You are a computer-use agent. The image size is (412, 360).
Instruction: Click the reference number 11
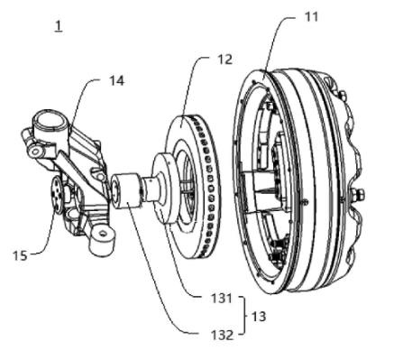coord(311,17)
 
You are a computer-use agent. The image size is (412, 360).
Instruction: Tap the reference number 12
coord(225,60)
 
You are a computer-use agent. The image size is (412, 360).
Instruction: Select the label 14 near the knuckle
coord(116,80)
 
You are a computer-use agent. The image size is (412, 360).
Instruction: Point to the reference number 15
coord(20,255)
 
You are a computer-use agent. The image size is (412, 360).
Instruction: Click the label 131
coord(222,299)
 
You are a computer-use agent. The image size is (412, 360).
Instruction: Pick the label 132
coord(222,335)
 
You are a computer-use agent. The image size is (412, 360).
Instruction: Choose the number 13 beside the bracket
coord(259,317)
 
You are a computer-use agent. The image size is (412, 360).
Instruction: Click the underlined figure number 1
coord(59,26)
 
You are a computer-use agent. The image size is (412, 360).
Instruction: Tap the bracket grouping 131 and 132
coord(244,316)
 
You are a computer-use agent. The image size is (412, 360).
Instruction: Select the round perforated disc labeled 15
coord(57,195)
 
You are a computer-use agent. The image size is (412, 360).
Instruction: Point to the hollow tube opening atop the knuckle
coord(50,123)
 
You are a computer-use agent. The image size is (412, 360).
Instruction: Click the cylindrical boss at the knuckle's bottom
coord(103,240)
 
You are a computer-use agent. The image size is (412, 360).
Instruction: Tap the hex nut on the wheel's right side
coord(359,194)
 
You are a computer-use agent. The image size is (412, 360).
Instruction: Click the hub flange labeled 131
coord(163,188)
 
